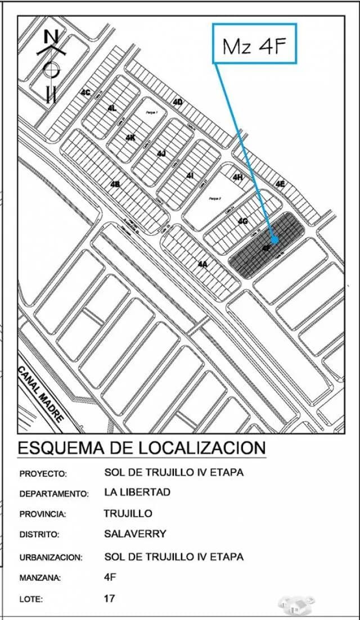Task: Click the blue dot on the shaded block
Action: pos(274,239)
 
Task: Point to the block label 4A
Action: pos(203,264)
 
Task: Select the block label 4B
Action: pos(115,184)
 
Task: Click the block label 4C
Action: pos(85,92)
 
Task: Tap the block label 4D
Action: pos(178,102)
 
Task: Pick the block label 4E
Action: pos(280,183)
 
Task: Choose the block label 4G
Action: pos(242,221)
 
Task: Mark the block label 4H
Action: pos(237,177)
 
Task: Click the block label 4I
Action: pos(190,176)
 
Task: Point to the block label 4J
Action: pos(161,153)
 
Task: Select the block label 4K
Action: pos(130,137)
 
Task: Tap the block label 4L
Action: pos(112,107)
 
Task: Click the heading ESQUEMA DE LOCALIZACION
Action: pos(141,448)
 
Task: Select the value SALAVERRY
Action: pos(135,533)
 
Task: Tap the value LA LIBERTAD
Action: pos(137,492)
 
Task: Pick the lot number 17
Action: pos(110,598)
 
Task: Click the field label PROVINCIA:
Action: pos(43,514)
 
